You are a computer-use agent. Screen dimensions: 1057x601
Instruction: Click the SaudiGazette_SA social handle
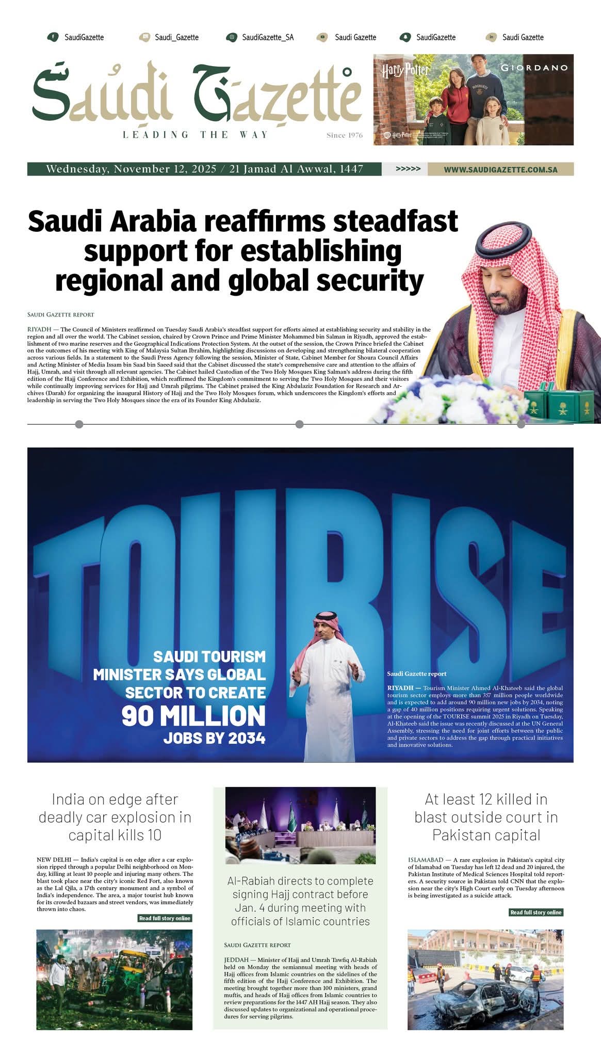(267, 37)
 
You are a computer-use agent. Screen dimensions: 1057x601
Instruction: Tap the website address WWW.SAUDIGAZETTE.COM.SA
(500, 169)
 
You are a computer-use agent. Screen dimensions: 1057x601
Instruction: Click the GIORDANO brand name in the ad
(534, 68)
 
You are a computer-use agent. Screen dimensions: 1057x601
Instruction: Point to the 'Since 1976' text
(344, 135)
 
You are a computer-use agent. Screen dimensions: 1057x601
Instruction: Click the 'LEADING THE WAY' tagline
(196, 135)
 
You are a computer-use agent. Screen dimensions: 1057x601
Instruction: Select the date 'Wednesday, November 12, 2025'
(131, 169)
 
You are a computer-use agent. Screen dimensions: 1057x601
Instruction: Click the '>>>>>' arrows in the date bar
(408, 169)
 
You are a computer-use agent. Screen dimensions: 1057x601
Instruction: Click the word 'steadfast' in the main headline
(395, 221)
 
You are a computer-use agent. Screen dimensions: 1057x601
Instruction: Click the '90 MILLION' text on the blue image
(193, 716)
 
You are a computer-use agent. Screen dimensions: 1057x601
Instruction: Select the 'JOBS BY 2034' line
(214, 739)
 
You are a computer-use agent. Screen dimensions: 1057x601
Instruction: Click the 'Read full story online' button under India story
(165, 918)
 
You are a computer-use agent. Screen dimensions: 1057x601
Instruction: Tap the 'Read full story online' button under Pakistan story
(535, 912)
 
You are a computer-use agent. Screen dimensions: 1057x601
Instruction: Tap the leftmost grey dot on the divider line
(79, 424)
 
